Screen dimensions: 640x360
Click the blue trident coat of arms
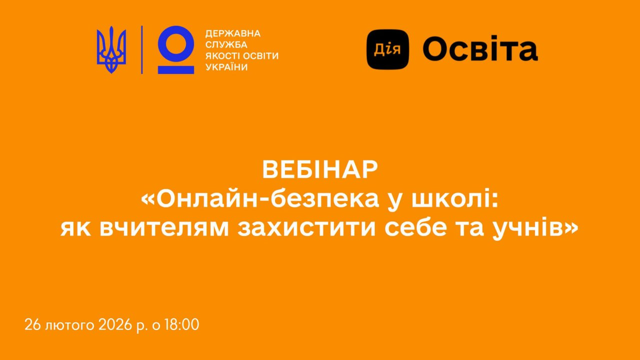click(x=111, y=50)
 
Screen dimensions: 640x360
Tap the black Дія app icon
click(x=387, y=49)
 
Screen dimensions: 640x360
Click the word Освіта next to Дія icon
click(x=480, y=48)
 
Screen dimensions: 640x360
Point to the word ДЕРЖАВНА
click(x=233, y=33)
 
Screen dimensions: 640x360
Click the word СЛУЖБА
click(x=226, y=44)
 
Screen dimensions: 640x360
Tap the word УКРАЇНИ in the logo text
click(x=226, y=67)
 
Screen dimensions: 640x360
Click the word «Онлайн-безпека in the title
click(x=260, y=199)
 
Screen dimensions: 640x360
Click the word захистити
click(x=306, y=228)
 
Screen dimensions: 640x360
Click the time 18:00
click(x=181, y=325)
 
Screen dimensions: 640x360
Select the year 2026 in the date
click(x=115, y=325)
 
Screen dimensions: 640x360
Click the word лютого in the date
click(x=69, y=325)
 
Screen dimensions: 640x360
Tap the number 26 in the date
click(x=32, y=325)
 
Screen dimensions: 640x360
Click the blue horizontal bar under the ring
click(x=176, y=70)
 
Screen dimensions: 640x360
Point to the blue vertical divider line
click(x=142, y=50)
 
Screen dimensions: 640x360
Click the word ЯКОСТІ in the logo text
click(x=221, y=56)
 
